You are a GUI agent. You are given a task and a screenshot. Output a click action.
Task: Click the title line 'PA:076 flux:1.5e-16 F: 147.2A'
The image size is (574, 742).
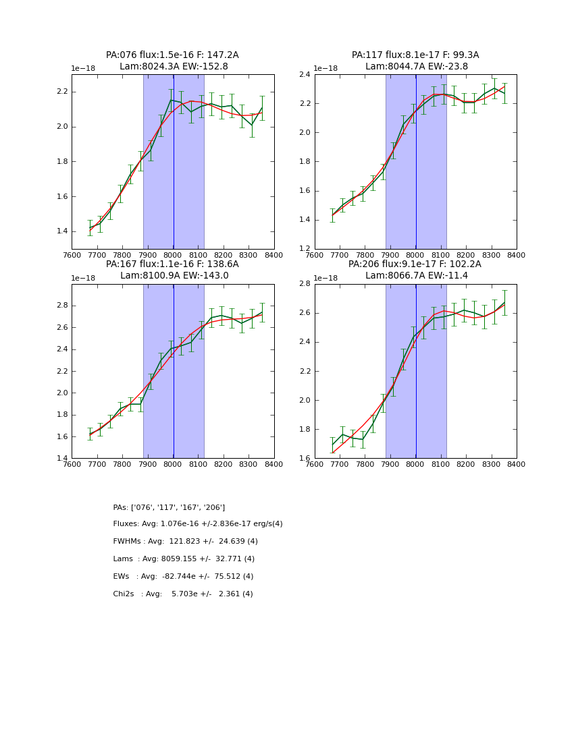[172, 55]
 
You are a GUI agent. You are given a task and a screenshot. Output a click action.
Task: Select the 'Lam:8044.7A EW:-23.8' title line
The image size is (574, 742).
[416, 67]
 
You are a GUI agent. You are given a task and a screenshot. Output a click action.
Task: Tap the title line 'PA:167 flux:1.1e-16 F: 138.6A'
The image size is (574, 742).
[172, 264]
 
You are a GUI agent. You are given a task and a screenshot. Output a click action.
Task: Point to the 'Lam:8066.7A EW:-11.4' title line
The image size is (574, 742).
[416, 276]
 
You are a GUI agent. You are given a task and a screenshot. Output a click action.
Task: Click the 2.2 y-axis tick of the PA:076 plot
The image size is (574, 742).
[62, 92]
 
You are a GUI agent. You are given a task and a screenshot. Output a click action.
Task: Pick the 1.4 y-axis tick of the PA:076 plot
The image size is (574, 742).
[62, 231]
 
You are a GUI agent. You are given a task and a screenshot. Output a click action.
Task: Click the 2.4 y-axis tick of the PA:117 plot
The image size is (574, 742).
[305, 74]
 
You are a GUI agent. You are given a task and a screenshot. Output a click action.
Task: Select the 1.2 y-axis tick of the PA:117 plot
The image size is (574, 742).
[305, 249]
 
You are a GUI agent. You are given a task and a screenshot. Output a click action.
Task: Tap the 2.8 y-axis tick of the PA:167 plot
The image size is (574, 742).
[62, 306]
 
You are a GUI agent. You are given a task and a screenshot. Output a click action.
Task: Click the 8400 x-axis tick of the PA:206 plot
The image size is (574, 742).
[517, 465]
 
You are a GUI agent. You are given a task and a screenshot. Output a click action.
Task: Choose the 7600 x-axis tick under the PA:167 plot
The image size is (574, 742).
[72, 465]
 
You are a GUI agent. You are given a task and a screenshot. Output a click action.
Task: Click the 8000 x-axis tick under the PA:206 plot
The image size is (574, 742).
[416, 465]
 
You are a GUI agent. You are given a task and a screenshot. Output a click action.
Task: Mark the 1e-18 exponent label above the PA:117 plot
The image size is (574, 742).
[325, 68]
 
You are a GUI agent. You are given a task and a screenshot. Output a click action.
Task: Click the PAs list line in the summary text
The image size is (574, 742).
[169, 507]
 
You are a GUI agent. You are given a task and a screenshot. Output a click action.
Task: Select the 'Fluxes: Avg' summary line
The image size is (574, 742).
[198, 524]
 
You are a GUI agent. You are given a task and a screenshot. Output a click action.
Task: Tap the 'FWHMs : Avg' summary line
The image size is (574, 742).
[185, 542]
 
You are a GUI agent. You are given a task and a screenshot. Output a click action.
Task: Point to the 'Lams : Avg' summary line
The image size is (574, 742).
[184, 559]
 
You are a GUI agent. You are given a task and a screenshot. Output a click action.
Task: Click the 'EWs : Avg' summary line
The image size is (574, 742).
[183, 577]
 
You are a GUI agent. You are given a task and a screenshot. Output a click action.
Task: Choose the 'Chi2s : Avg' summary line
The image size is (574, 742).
[183, 594]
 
